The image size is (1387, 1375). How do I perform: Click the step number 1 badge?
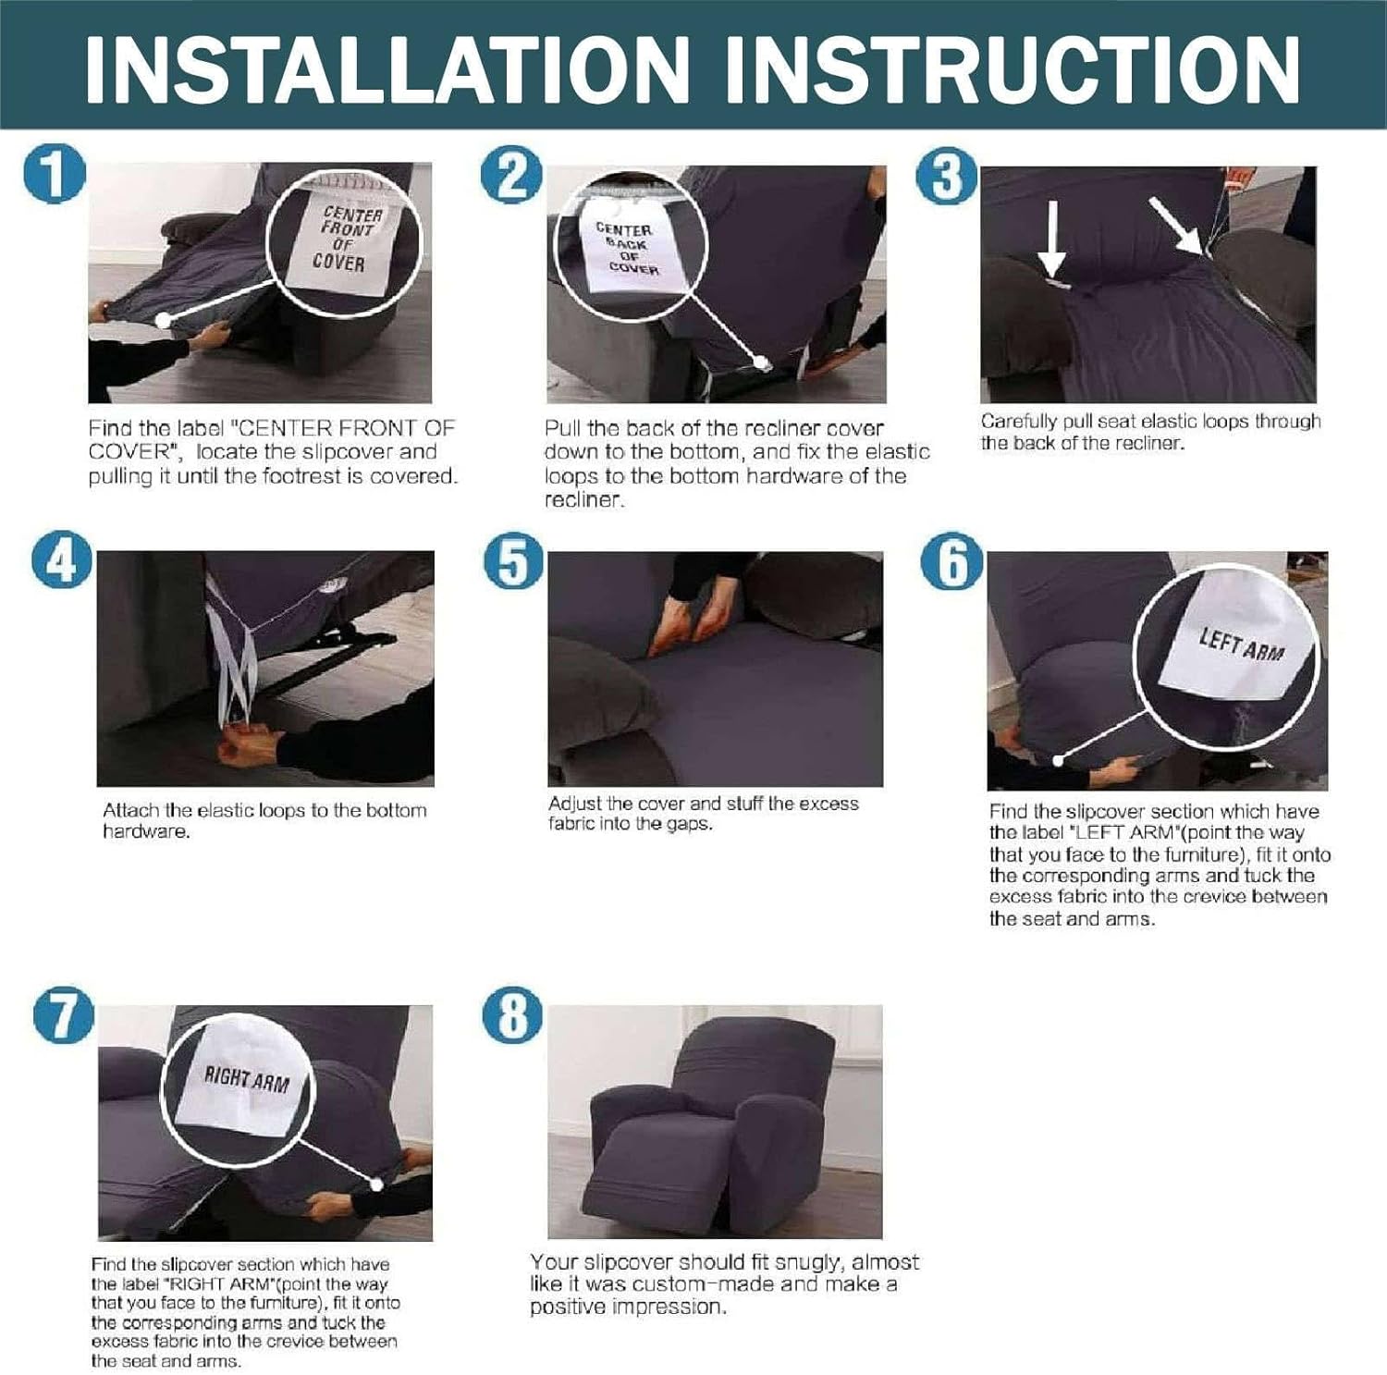click(x=55, y=175)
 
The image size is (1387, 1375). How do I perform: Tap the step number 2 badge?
click(x=511, y=175)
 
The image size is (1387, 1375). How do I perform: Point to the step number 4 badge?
click(x=62, y=560)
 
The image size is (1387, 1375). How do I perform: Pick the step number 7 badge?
click(x=64, y=1014)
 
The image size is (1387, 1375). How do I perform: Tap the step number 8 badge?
click(x=513, y=1014)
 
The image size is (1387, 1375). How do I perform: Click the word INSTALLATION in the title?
click(x=387, y=68)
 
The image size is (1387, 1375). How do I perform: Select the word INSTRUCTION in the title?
click(x=1013, y=68)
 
